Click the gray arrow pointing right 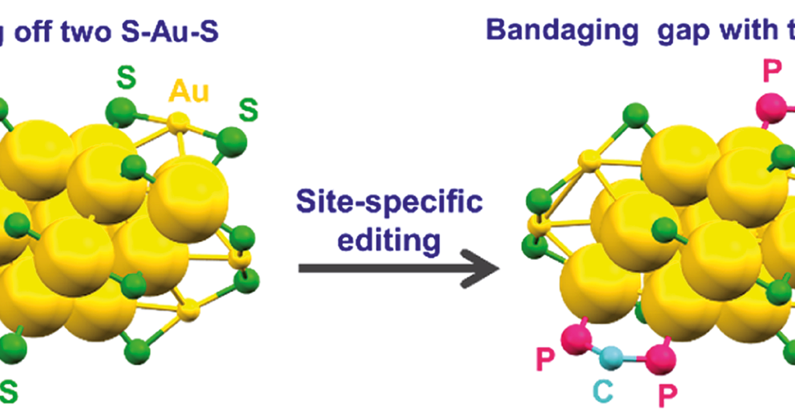coord(397,268)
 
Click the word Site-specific coord(388,203)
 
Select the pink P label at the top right coord(772,71)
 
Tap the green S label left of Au coord(124,78)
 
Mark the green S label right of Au coord(248,109)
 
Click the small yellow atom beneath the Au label coord(179,122)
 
